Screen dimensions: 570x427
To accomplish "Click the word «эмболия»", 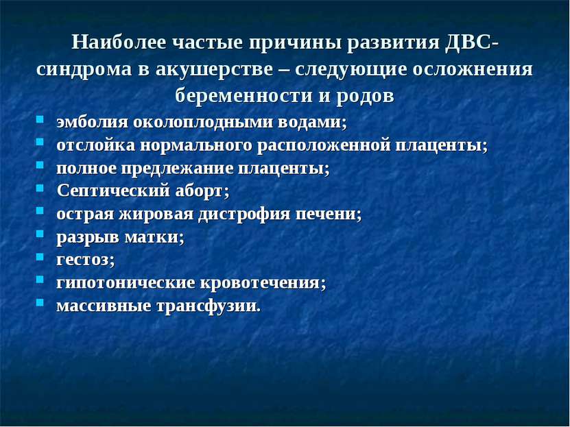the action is click(x=93, y=123).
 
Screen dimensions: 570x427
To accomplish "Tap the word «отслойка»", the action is click(x=96, y=145).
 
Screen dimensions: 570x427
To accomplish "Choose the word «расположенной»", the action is click(x=323, y=146).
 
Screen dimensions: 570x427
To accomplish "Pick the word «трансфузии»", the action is click(x=209, y=306).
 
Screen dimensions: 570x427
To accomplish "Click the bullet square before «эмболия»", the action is click(x=40, y=119).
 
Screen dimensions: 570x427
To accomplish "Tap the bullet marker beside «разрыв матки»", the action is click(x=40, y=234).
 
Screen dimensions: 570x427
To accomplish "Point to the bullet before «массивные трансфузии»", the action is click(x=40, y=302).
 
